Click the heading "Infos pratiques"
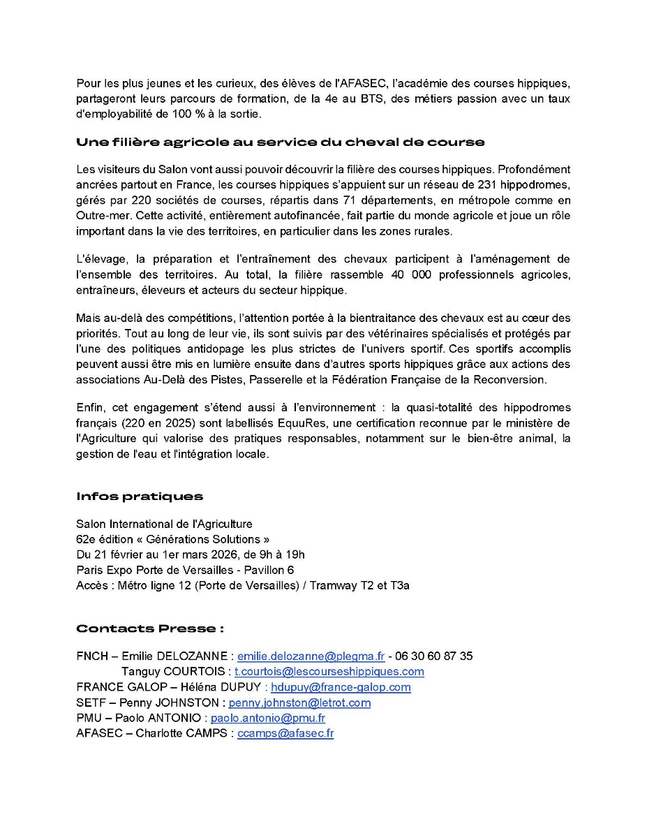tap(140, 497)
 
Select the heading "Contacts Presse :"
tap(149, 628)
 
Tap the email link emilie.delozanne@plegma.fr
tap(311, 656)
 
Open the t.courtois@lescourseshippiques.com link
tap(329, 672)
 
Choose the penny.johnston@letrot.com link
tap(299, 703)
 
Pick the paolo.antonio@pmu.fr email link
tap(268, 718)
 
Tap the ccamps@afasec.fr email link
tap(285, 733)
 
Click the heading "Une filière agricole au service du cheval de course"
tap(280, 142)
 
